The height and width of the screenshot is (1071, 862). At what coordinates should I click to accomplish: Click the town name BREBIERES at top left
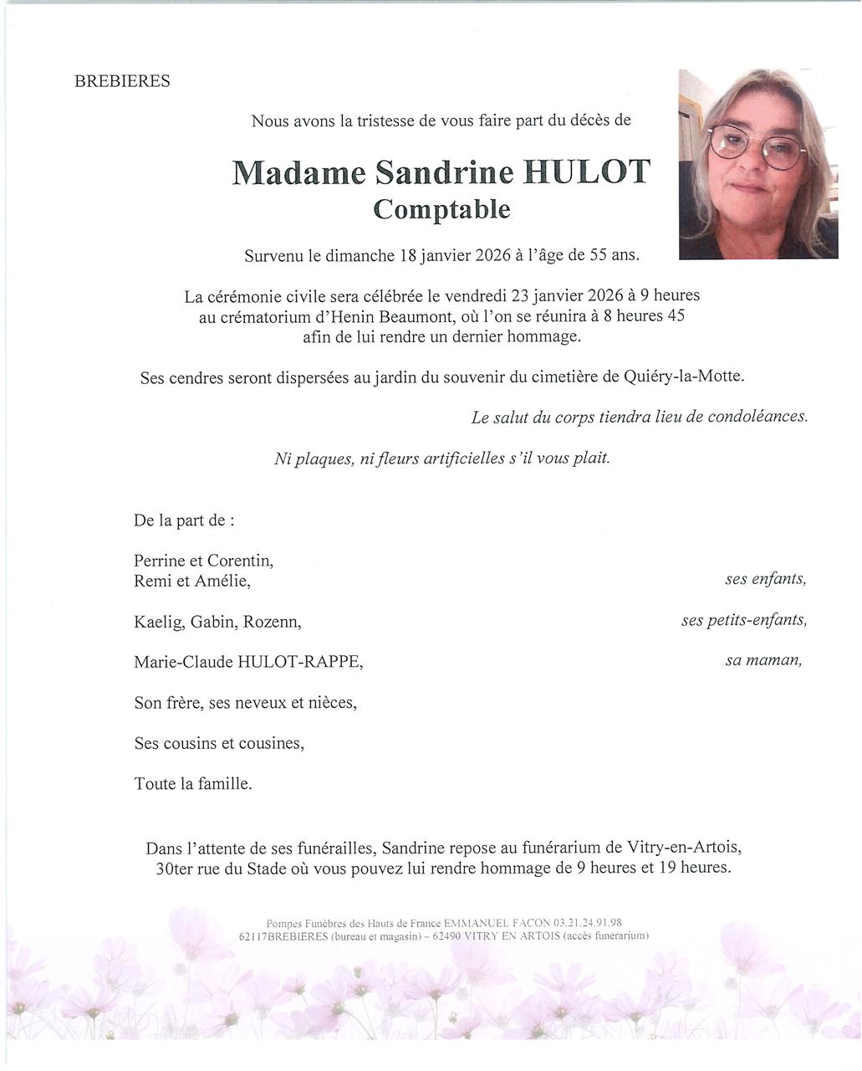click(122, 81)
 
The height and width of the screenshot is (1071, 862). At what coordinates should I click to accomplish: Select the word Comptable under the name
click(441, 208)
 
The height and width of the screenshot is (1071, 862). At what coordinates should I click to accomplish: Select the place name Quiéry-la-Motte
click(683, 377)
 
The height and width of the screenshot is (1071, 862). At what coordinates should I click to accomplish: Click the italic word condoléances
click(757, 417)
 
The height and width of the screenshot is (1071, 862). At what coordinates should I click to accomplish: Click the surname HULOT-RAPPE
click(300, 662)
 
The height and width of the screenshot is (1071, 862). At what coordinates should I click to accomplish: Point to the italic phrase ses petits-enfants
click(744, 620)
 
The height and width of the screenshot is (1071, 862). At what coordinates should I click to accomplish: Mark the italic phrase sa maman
click(763, 660)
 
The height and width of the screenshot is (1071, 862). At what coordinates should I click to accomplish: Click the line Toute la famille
click(193, 784)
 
